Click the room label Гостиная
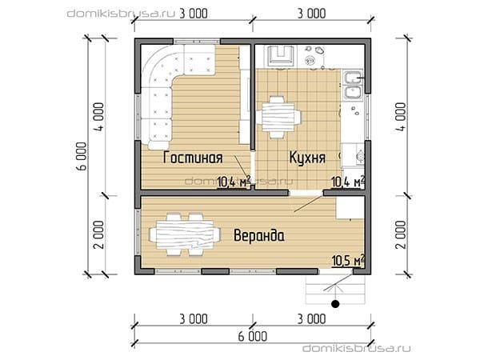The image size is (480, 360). coord(193,158)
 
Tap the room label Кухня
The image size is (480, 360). coord(307,158)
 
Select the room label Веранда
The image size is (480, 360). coord(259,235)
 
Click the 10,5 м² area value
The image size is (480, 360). coord(348,260)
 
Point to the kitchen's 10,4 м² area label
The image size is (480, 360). coord(348,182)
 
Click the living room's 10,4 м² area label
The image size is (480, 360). coord(234,182)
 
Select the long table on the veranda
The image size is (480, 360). coord(185,234)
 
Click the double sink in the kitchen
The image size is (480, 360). coord(353,85)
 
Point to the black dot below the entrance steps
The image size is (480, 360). coord(335,304)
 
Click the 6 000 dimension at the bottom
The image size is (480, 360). coord(253,336)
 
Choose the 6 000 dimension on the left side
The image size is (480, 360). coord(82,156)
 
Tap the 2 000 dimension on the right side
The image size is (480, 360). coord(401,234)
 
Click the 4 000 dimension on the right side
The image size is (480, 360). coord(401,117)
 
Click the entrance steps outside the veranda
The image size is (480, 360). coord(335,289)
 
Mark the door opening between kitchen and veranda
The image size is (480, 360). coord(306,193)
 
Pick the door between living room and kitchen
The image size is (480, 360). coord(253,167)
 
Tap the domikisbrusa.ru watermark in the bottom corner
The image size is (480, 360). coord(356,348)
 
